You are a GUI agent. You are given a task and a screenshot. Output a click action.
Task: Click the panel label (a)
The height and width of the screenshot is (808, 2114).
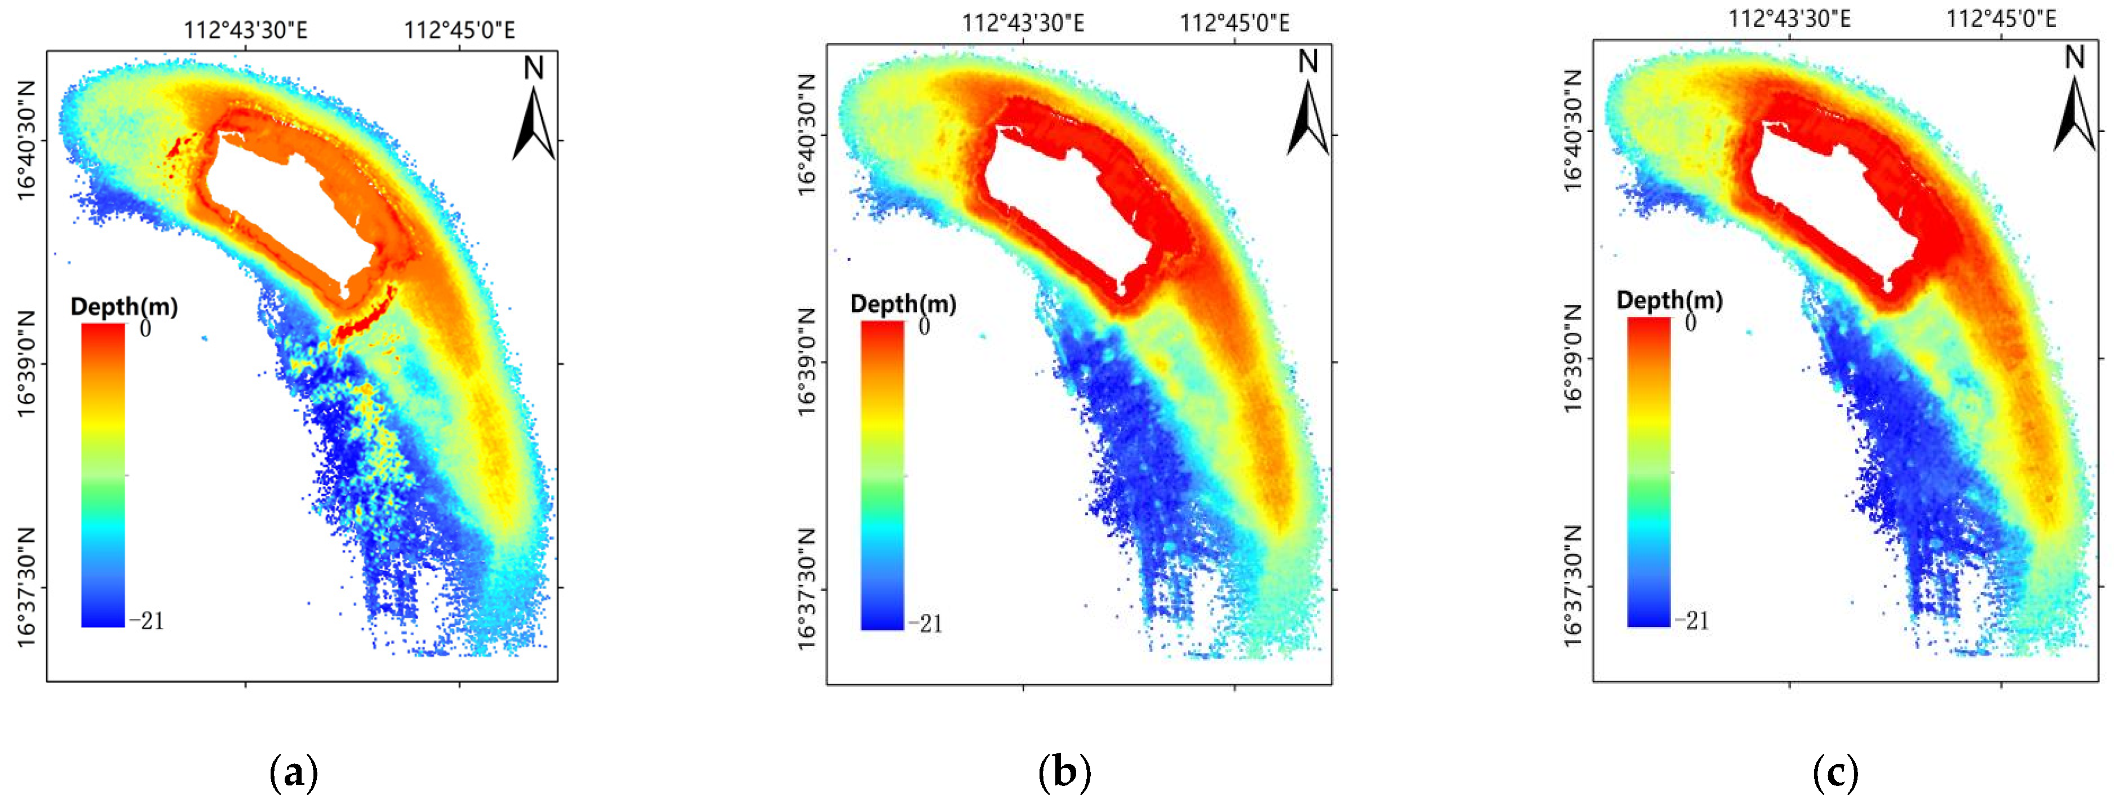293,772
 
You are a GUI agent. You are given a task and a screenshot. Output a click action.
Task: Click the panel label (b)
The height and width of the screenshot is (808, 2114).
1064,772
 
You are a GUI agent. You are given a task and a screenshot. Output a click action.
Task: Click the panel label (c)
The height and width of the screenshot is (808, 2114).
1835,772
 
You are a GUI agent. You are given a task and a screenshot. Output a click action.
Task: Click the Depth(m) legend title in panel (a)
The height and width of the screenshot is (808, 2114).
124,307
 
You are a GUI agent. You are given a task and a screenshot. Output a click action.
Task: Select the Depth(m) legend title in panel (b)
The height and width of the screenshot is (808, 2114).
903,304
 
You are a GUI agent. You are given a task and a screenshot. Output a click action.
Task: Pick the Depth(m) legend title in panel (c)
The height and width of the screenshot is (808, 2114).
1669,301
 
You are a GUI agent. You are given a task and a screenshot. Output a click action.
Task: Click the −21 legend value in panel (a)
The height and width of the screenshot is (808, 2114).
147,621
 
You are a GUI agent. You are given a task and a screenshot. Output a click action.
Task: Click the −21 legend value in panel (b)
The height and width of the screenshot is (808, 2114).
925,624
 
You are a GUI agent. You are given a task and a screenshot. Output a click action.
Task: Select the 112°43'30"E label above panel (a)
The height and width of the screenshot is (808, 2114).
245,30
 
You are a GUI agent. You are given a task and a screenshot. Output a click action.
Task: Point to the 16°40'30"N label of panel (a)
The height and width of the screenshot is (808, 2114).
27,140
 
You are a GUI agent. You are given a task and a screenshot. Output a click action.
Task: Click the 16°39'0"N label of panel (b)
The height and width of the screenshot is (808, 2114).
807,362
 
